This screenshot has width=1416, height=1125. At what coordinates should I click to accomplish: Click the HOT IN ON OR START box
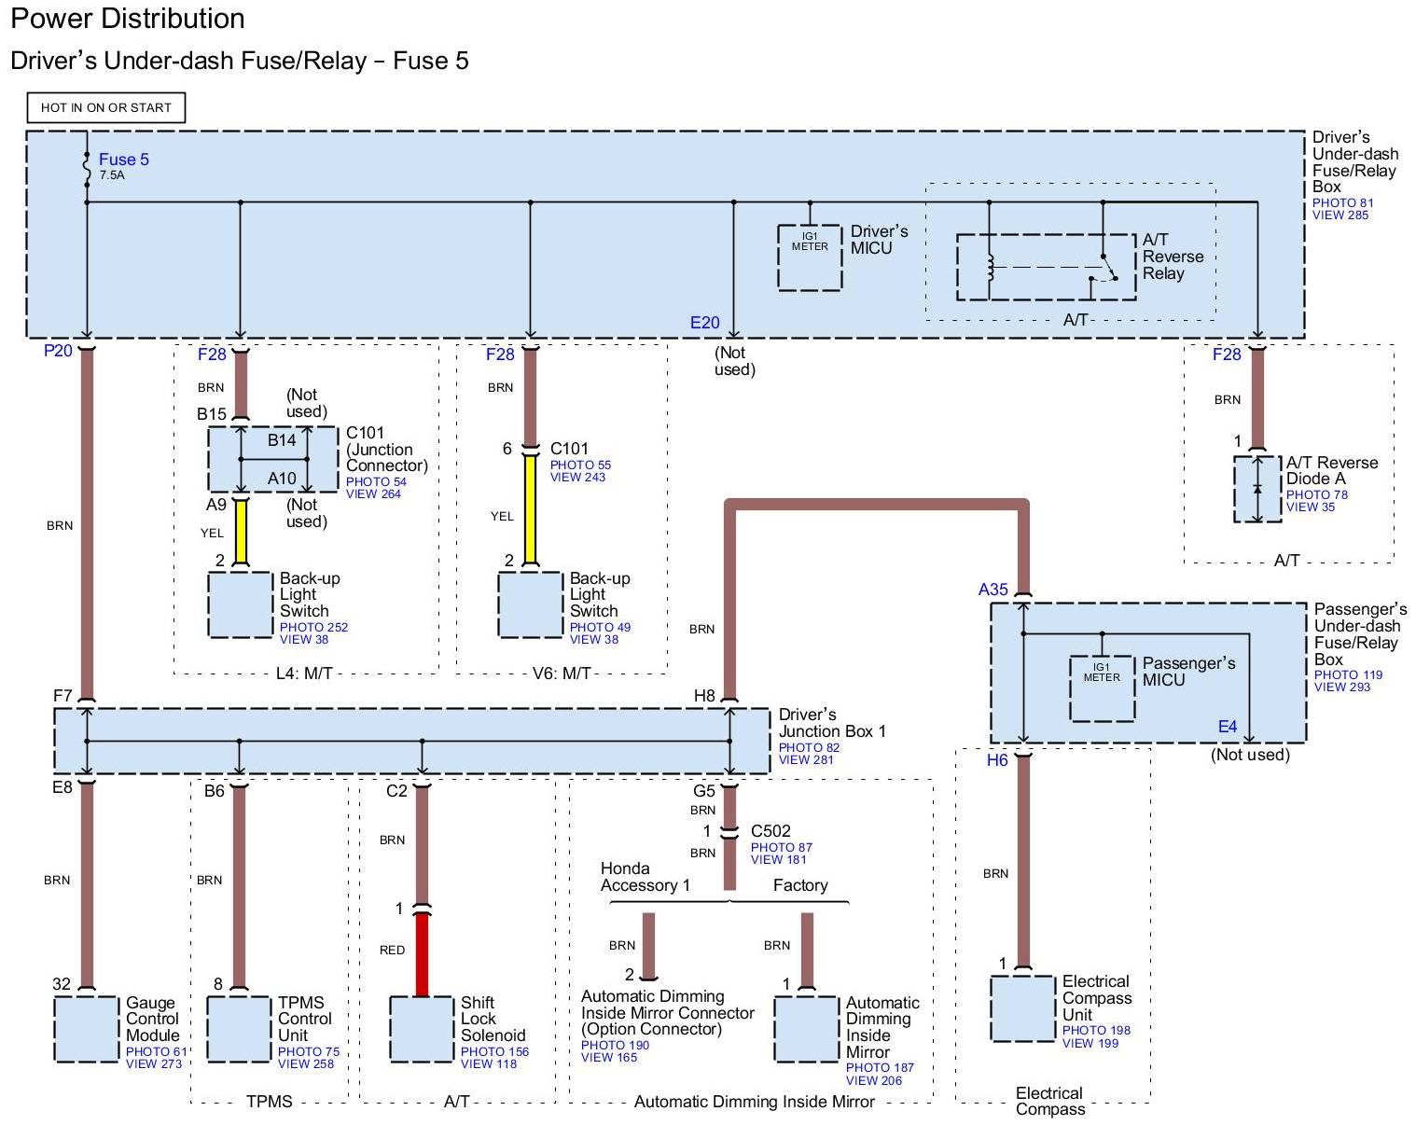[105, 107]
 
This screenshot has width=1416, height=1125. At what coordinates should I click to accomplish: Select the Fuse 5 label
[123, 160]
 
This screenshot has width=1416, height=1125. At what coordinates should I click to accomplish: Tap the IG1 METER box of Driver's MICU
[810, 257]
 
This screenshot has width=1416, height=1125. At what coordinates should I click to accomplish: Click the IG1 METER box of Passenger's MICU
[1102, 688]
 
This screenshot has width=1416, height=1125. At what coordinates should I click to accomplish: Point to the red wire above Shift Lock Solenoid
[422, 954]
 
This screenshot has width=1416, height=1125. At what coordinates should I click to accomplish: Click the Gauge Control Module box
[87, 1029]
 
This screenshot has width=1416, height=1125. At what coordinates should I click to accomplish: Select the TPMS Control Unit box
[239, 1029]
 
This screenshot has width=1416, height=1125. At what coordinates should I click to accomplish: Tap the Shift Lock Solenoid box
[422, 1029]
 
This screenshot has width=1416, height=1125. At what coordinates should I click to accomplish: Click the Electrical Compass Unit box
[1022, 1008]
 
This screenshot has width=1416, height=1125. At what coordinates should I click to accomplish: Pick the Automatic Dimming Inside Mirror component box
[807, 1029]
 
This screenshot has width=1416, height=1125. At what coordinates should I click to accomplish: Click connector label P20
[58, 351]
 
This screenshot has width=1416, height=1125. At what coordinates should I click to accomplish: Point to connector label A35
[993, 590]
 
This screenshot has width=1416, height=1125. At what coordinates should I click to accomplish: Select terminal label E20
[705, 323]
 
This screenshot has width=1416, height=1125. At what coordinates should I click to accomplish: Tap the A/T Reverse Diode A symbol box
[1257, 489]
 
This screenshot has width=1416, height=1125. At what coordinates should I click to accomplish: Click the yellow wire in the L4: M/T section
[241, 532]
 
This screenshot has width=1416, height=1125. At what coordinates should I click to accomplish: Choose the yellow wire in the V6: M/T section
[530, 510]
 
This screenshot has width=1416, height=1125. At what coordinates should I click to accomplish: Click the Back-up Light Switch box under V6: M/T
[530, 605]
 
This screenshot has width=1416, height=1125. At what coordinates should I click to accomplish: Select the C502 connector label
[770, 831]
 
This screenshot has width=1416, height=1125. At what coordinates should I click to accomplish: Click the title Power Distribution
[128, 19]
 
